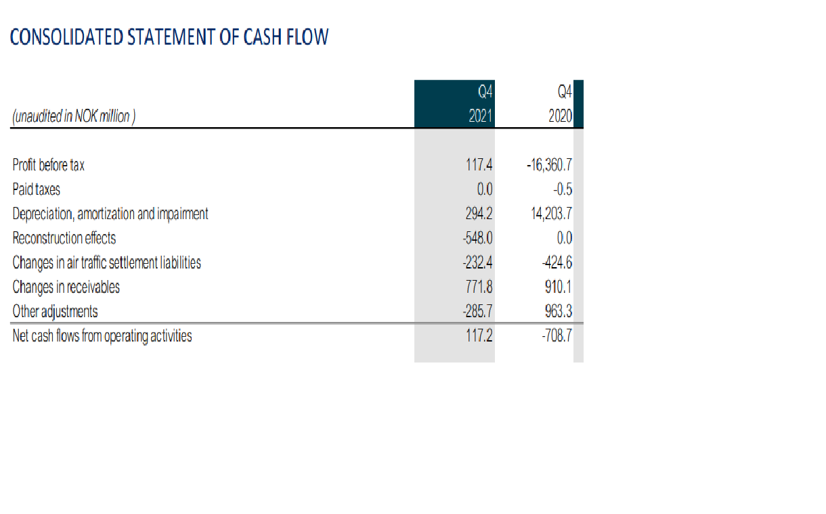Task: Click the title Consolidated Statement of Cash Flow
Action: click(170, 37)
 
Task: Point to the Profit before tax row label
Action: click(49, 164)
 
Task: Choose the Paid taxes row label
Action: click(37, 189)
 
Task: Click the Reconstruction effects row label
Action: click(64, 238)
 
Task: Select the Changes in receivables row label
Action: click(66, 287)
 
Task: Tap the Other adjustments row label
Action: click(56, 311)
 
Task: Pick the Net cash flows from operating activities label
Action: click(102, 335)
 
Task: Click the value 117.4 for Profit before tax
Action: click(479, 164)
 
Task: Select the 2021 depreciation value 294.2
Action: click(479, 214)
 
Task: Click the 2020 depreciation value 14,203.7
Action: click(552, 214)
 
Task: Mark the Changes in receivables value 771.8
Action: click(479, 287)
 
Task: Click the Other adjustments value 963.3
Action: click(559, 311)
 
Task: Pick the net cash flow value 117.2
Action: click(479, 335)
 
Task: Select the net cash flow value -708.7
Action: click(559, 335)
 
